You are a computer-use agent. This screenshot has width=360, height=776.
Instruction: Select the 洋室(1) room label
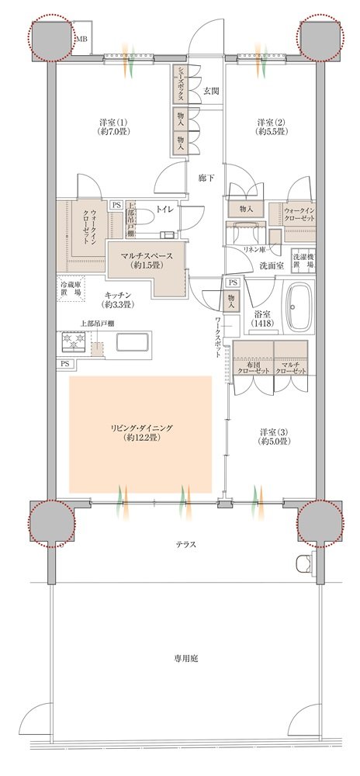110,122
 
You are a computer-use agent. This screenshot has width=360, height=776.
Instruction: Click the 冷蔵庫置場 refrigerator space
72,289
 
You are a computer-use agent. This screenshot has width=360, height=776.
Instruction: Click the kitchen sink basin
132,342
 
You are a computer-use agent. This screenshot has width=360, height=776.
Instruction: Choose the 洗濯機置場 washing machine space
303,260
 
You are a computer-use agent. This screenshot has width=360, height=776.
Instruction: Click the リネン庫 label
253,248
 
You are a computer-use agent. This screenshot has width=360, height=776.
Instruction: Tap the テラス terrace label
186,545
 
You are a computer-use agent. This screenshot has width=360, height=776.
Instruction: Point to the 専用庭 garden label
186,659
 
